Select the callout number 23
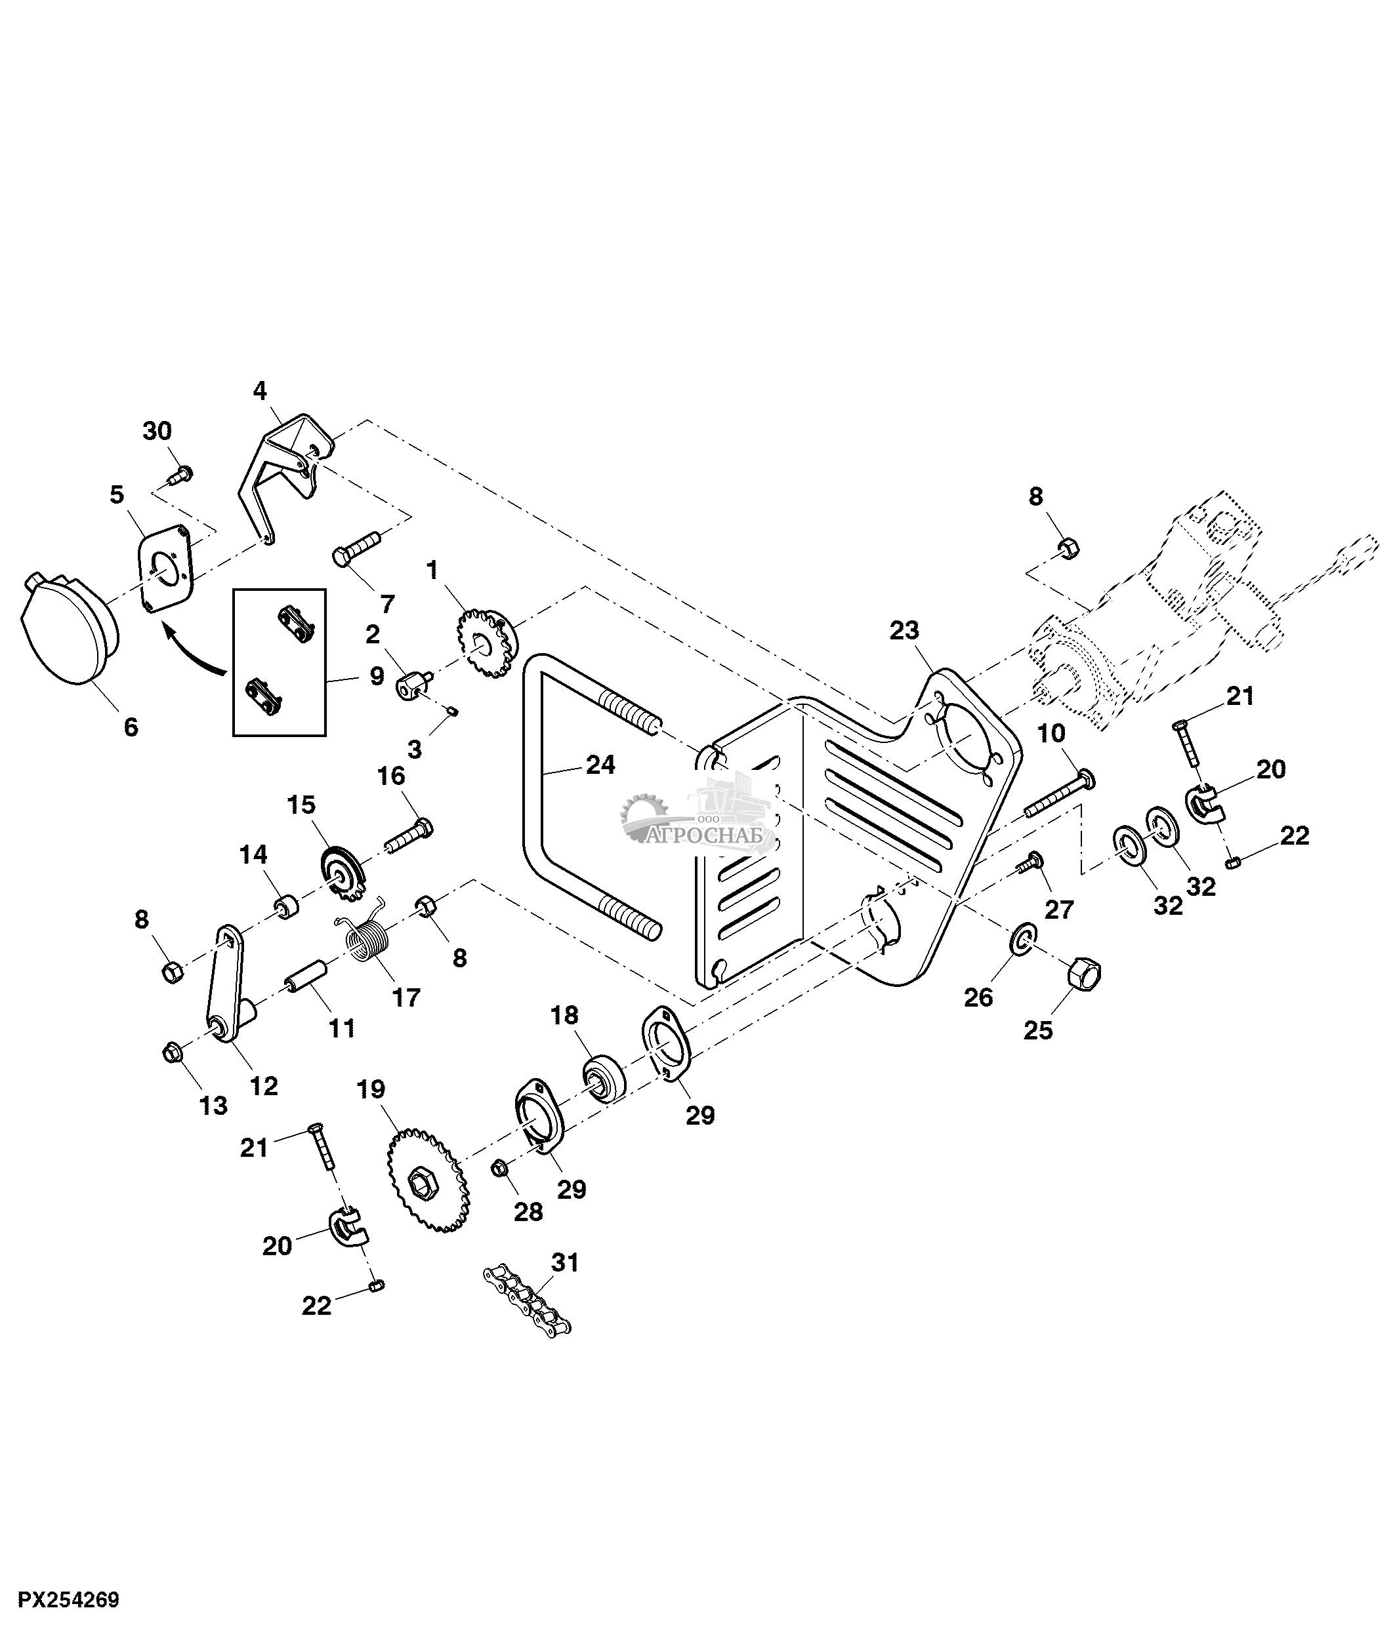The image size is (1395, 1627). (904, 631)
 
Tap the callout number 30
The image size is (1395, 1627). (157, 431)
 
